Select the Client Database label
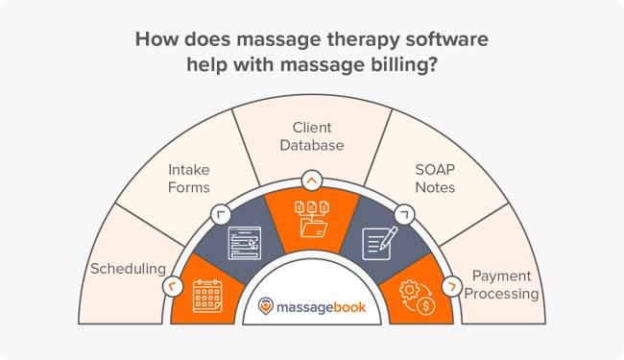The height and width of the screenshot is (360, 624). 311,136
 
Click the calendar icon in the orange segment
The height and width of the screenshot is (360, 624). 207,295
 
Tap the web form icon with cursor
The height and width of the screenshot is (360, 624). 242,244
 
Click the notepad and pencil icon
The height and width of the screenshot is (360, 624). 379,244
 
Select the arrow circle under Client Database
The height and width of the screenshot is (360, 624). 311,179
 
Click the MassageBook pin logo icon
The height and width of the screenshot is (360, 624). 266,306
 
